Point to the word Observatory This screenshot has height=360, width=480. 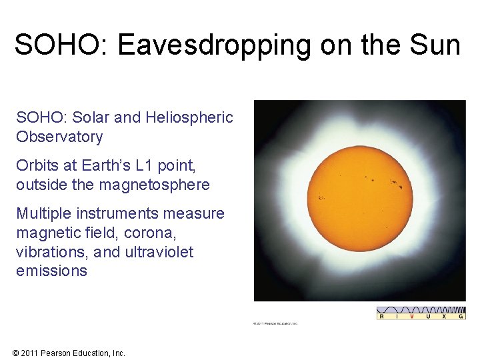tap(59, 137)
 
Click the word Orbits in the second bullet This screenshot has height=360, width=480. tap(38, 165)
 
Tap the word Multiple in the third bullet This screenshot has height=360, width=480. tap(43, 213)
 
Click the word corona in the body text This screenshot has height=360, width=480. tap(163, 233)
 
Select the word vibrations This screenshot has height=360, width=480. tap(49, 252)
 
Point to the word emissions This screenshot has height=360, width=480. tap(51, 271)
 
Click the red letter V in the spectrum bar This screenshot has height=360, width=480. tap(411, 317)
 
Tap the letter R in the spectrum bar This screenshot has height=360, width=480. tap(382, 317)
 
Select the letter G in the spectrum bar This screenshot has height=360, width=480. tap(461, 317)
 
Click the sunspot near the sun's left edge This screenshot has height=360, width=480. tap(321, 197)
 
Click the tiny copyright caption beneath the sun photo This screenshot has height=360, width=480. tap(275, 323)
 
